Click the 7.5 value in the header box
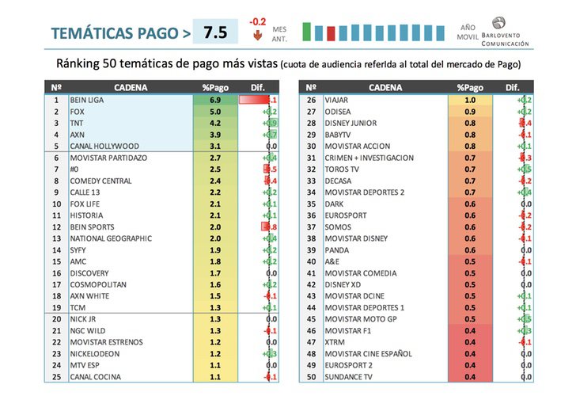tap(215, 32)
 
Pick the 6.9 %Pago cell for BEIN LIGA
tap(214, 101)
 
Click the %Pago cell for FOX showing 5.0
tap(214, 112)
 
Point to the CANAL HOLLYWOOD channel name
tap(104, 146)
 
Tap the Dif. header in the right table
tap(513, 86)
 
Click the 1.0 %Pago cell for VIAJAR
tap(471, 101)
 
